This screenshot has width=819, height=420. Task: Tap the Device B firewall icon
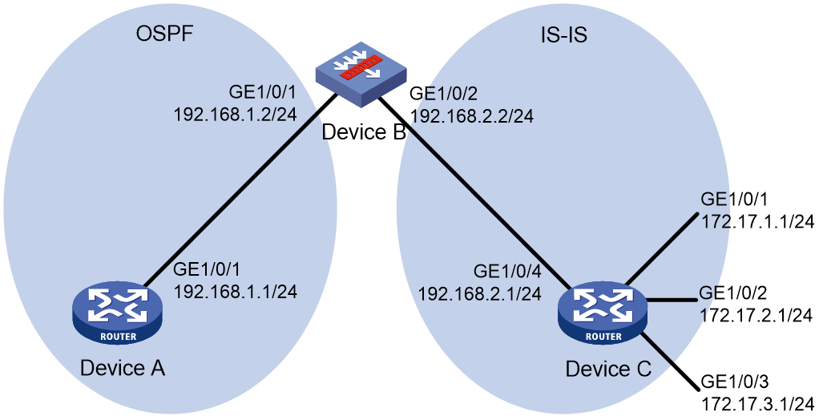[361, 82]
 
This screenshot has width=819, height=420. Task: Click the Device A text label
[123, 368]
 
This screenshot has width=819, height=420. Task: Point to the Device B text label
[364, 131]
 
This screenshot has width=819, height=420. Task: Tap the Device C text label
[608, 369]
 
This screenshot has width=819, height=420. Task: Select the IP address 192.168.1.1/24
[235, 291]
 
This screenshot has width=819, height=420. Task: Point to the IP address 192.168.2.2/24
[472, 115]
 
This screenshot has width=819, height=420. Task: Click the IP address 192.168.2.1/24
[479, 293]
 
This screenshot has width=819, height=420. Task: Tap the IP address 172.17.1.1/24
[757, 221]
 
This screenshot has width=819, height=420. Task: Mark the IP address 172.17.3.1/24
[757, 402]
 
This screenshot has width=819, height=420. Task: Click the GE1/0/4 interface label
[507, 271]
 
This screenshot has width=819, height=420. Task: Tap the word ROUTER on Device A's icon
[118, 337]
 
